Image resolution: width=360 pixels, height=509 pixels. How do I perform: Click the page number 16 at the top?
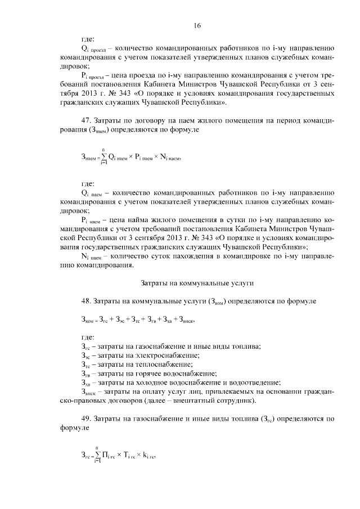pos(197,25)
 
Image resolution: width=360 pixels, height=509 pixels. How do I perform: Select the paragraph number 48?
pos(86,301)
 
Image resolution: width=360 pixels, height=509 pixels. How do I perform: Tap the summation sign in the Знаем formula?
pos(103,157)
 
